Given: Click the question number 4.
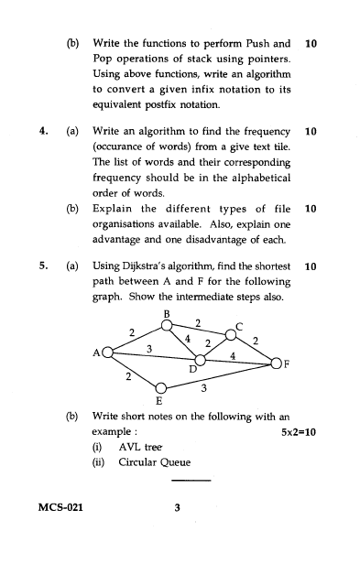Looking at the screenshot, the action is [43, 132].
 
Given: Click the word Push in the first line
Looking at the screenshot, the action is [259, 42].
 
